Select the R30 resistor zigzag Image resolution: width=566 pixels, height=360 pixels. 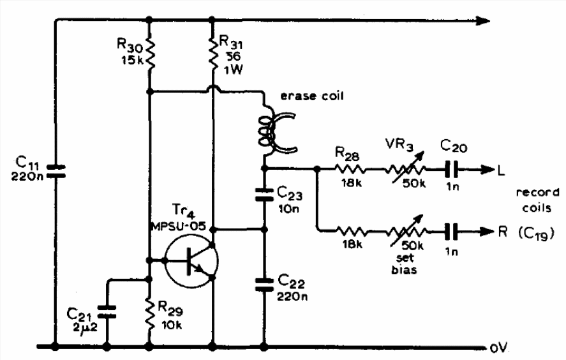pos(149,54)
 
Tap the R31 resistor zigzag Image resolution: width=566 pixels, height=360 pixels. pos(212,54)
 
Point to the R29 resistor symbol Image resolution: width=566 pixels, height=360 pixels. pos(149,313)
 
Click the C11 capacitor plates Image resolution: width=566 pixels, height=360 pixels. pos(56,171)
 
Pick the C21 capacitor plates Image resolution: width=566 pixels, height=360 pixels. pos(107,311)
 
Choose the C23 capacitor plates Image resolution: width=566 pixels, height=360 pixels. pos(264,194)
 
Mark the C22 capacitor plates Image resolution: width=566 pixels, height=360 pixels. pos(264,285)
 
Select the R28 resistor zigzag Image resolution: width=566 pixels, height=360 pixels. pos(350,169)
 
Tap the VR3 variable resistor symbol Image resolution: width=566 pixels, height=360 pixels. pos(405,169)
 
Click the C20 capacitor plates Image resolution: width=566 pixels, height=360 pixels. pos(451,169)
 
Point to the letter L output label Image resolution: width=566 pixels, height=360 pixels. pos(501,170)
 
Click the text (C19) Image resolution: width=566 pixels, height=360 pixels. pos(537,234)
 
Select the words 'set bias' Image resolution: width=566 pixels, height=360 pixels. pos(405,264)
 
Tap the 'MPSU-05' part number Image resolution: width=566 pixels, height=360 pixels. pos(178,227)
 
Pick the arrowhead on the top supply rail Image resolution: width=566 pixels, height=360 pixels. pos(482,20)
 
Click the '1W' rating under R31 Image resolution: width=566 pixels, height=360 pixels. pos(233,70)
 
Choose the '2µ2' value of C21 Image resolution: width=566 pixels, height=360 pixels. pos(84,328)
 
